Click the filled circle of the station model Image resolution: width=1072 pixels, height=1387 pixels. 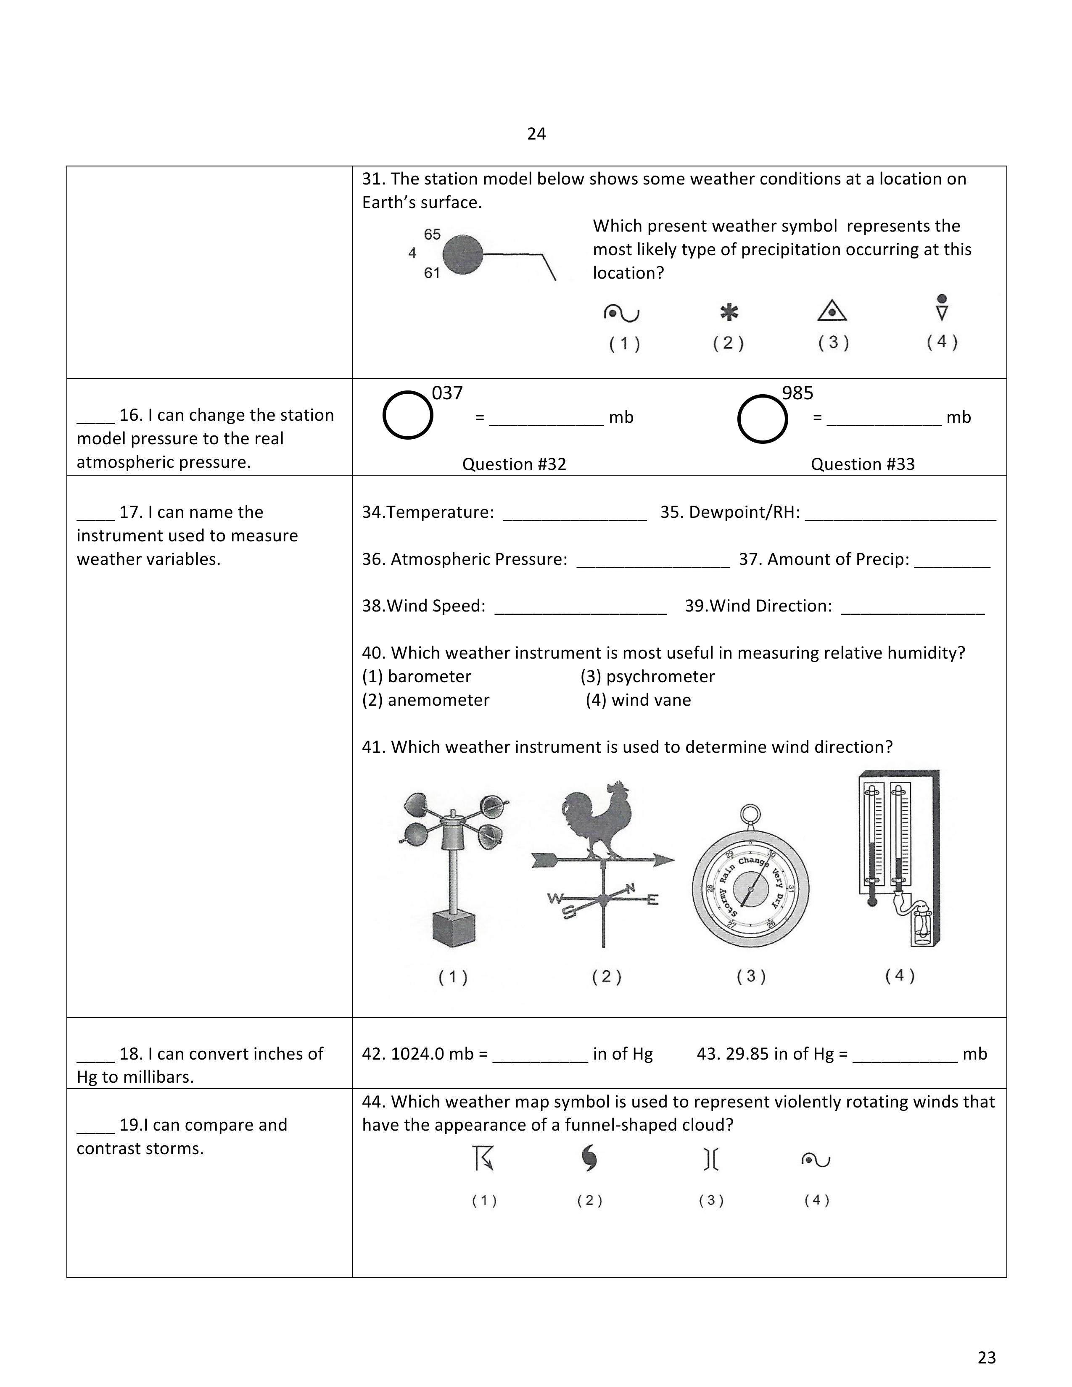pos(462,255)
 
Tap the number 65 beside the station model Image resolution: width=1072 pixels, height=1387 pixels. pos(433,235)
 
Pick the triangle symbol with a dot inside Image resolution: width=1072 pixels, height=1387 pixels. pos(832,311)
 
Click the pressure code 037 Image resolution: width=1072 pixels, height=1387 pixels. pos(447,393)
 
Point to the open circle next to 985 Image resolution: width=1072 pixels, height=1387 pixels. pos(762,419)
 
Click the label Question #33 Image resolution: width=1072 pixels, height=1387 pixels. pos(862,464)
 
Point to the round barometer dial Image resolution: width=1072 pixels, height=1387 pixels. pos(751,889)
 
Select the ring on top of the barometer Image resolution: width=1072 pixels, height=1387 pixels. pos(751,814)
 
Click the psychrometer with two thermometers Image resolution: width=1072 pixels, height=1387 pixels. pos(898,857)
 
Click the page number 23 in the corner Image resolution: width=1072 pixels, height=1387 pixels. pos(986,1357)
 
